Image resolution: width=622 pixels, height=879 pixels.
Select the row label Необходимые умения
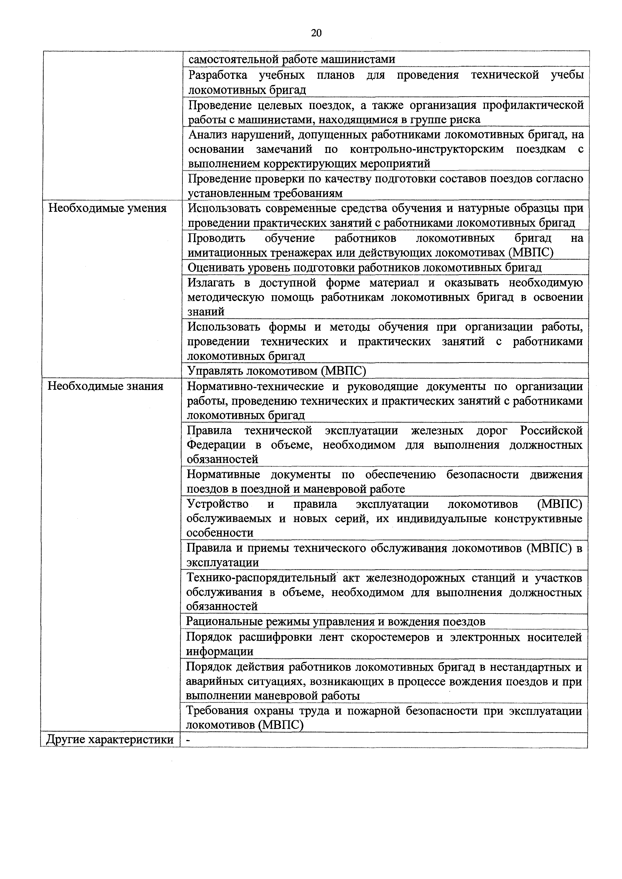107,208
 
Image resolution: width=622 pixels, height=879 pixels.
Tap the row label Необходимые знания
105,386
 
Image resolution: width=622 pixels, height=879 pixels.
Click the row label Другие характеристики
110,740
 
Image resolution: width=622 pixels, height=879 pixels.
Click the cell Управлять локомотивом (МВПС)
277,371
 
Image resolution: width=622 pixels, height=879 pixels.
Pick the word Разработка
218,75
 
